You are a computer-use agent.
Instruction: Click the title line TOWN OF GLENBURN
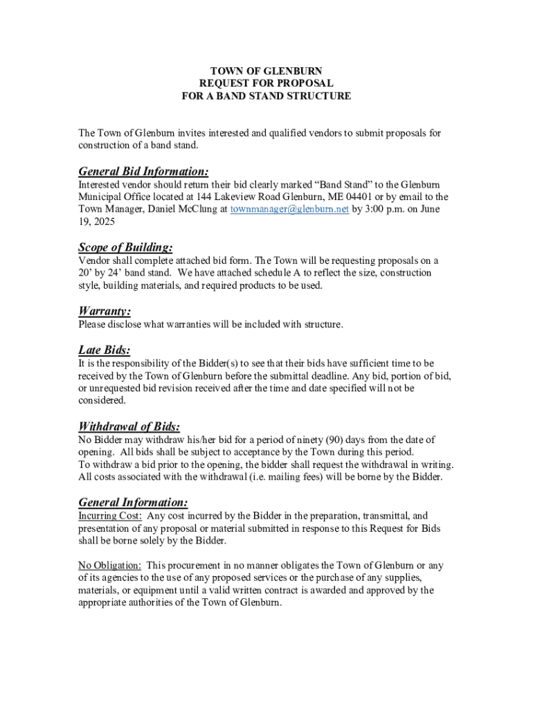[266, 71]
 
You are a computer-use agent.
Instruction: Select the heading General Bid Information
[143, 171]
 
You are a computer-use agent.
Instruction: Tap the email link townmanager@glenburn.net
[289, 209]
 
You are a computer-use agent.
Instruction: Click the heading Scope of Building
[125, 247]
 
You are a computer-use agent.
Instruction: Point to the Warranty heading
[105, 311]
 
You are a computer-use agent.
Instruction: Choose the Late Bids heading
[105, 350]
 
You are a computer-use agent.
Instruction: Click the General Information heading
[133, 502]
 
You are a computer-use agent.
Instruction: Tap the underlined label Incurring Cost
[110, 516]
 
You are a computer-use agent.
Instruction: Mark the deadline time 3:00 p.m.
[377, 209]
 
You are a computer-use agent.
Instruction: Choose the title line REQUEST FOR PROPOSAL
[266, 84]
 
